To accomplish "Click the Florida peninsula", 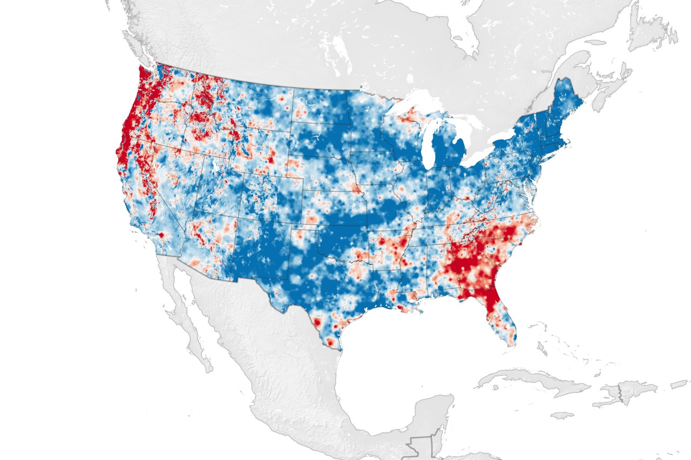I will point(499,313).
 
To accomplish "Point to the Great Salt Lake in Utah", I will point(216,162).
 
